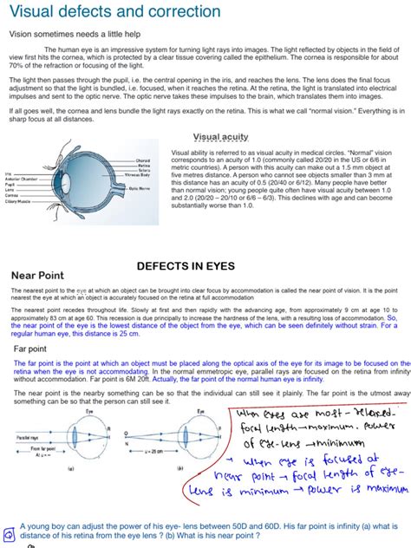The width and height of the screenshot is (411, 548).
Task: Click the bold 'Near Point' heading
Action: coord(40,277)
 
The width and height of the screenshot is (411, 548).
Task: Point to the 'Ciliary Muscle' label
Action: coord(17,201)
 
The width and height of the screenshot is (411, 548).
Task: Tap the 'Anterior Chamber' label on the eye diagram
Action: coord(20,179)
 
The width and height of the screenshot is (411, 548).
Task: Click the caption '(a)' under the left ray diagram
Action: coord(69,468)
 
